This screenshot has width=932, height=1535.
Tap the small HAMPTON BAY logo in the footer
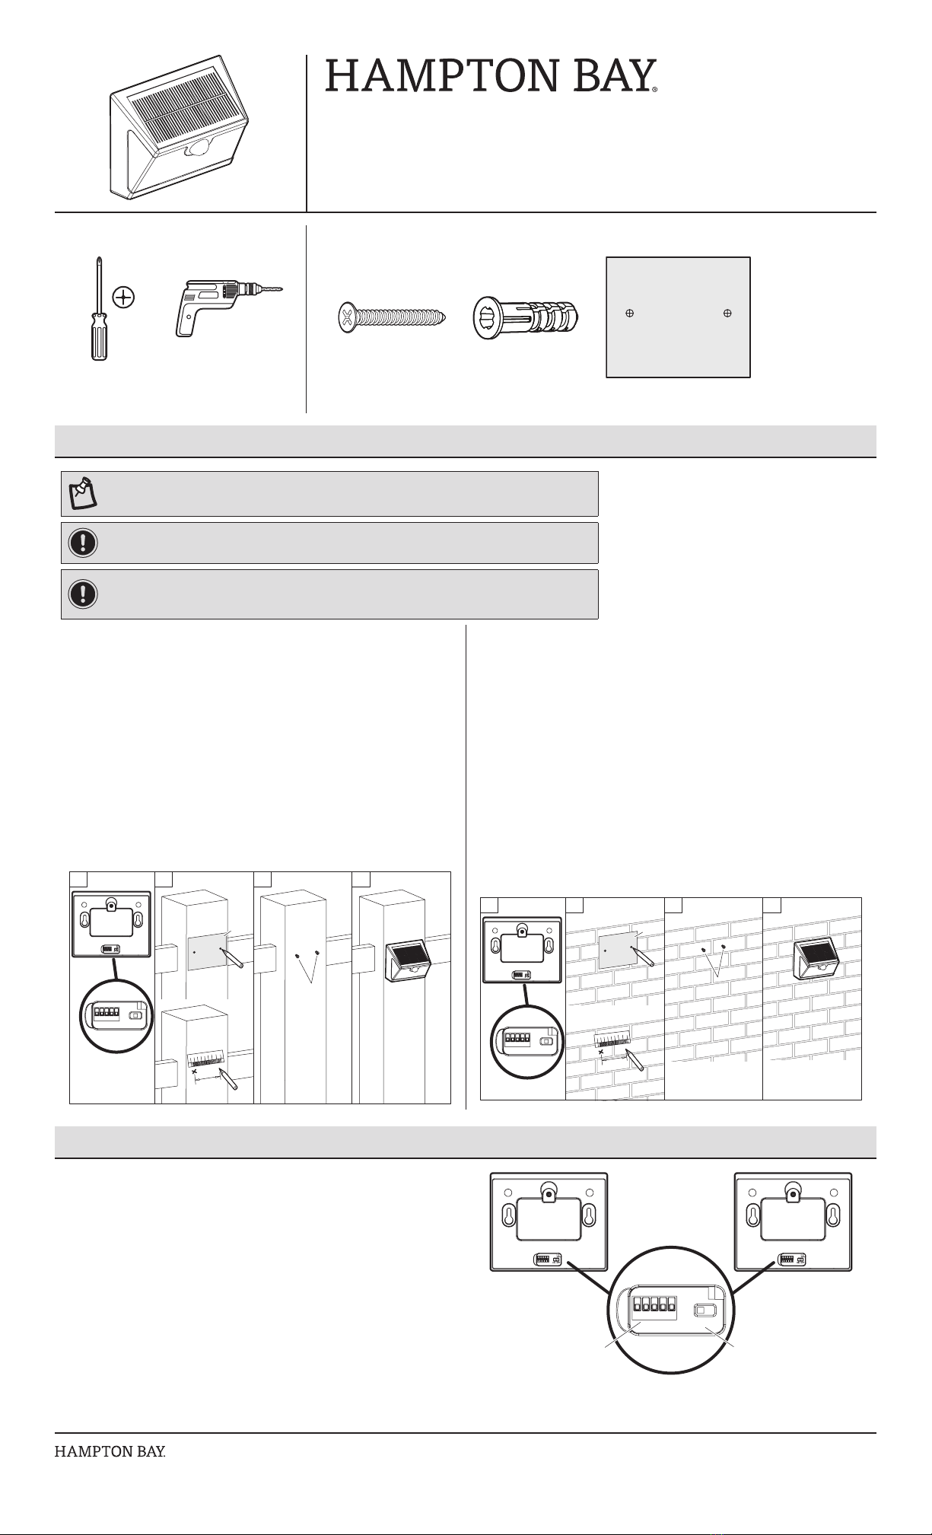pyautogui.click(x=110, y=1451)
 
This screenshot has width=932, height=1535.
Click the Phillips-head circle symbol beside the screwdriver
pyautogui.click(x=123, y=296)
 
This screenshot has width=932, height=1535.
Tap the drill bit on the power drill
pyautogui.click(x=268, y=289)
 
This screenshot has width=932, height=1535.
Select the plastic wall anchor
pyautogui.click(x=526, y=317)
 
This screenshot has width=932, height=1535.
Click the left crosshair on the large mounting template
pyautogui.click(x=630, y=313)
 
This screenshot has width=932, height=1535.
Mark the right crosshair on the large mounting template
pyautogui.click(x=727, y=313)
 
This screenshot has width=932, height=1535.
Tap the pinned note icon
pyautogui.click(x=83, y=493)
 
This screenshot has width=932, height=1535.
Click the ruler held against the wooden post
pyautogui.click(x=206, y=1059)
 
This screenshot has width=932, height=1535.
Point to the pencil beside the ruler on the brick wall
pyautogui.click(x=635, y=1059)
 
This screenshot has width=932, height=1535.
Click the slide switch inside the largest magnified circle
pyautogui.click(x=705, y=1310)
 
